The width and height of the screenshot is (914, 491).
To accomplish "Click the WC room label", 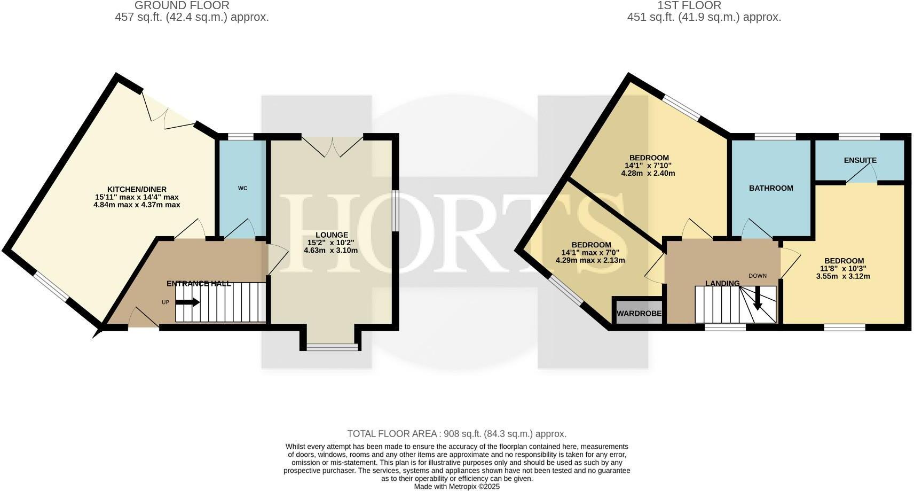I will tap(243, 188).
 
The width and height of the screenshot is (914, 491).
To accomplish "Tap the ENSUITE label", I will tap(860, 160).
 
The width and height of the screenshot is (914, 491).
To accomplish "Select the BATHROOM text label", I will tap(771, 188).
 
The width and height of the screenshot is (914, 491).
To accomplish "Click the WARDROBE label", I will tap(639, 314).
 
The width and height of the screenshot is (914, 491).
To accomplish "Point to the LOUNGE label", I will tap(332, 235).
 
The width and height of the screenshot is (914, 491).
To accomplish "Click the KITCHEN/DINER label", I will tap(137, 189).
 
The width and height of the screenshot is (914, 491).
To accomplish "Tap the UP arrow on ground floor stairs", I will tap(187, 302).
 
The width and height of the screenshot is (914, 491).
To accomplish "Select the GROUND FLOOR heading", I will tap(182, 6).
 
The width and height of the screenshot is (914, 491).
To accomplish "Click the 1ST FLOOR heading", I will tap(689, 6).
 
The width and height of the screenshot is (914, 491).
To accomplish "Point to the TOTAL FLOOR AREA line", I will tap(456, 434).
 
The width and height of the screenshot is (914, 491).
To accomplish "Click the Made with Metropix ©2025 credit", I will tap(456, 487).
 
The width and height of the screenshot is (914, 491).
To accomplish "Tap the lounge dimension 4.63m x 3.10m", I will tap(331, 250).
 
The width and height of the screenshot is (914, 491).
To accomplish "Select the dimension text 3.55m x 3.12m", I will tap(843, 276).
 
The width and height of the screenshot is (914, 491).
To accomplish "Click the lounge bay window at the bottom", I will tap(332, 347).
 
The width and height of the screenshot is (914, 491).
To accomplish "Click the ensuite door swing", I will tap(861, 174).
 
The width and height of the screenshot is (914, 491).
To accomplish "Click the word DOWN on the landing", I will tap(757, 276).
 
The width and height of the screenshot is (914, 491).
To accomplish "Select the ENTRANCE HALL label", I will tap(199, 284).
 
